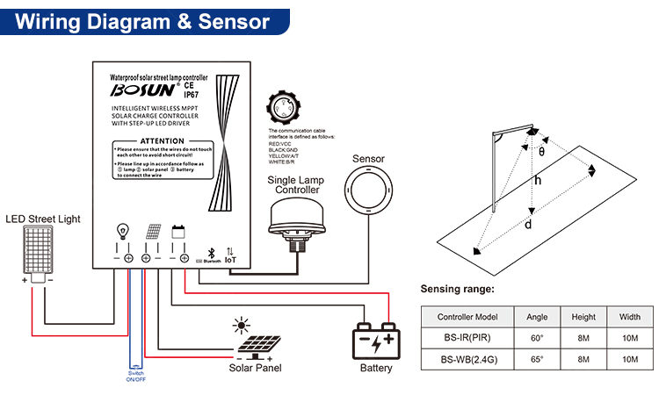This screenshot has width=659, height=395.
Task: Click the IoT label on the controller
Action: click(231, 260)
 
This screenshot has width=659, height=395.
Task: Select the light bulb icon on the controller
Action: click(122, 233)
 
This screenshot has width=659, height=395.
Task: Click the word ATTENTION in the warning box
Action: click(162, 140)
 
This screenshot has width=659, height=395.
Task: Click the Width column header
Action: click(629, 316)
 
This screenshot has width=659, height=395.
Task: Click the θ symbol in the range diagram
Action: click(541, 151)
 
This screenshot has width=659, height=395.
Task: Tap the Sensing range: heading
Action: click(456, 289)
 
